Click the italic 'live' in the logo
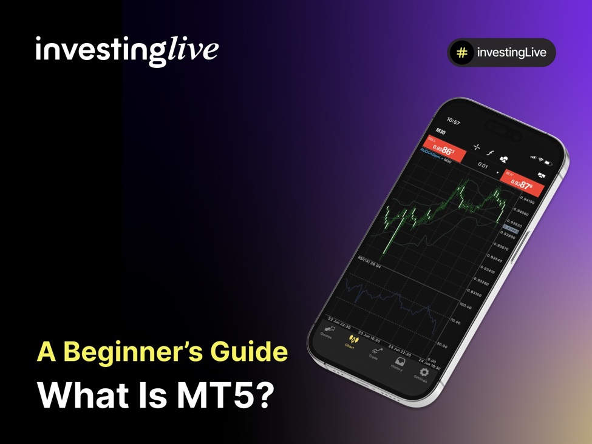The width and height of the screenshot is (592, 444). [192, 49]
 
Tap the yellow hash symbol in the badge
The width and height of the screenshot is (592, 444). [462, 53]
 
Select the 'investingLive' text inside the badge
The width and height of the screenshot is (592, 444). [511, 53]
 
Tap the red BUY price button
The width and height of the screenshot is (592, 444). [522, 181]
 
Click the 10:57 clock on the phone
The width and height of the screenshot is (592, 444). [453, 122]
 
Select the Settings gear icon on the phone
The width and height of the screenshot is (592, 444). [423, 372]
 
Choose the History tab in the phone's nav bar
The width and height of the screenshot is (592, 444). [398, 363]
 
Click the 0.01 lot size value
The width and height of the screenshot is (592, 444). [483, 165]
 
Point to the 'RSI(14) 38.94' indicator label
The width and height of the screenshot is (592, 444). [369, 262]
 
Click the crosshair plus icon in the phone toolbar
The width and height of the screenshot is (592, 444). [477, 147]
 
